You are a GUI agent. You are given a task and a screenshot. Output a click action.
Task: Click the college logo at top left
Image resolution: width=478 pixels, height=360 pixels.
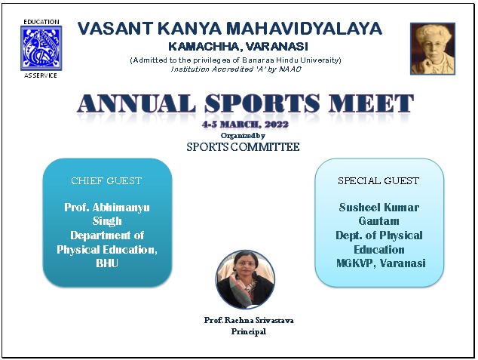[41, 48]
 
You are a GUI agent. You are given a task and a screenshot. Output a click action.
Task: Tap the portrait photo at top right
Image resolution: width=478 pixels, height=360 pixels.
[433, 48]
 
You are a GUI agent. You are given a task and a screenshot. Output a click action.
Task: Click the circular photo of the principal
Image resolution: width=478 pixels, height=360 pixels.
[245, 279]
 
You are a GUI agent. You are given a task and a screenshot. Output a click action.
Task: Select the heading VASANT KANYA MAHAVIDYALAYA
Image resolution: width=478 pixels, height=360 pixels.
[230, 29]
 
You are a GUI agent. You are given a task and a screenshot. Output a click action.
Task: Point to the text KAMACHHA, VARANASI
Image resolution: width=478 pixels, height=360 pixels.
[229, 46]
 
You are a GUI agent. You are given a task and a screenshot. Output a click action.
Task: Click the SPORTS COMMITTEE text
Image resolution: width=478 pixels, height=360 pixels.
[243, 147]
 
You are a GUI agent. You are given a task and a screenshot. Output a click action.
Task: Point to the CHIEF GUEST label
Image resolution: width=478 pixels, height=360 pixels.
[107, 181]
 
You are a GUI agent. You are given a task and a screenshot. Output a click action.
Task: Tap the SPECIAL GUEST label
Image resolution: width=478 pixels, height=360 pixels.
[378, 181]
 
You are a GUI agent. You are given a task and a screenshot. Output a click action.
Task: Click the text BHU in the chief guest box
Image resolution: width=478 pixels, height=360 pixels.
[107, 264]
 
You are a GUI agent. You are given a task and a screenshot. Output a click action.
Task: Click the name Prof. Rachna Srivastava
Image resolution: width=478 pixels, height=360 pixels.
[248, 320]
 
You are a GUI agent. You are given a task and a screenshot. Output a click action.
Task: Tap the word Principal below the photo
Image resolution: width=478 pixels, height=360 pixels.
[248, 331]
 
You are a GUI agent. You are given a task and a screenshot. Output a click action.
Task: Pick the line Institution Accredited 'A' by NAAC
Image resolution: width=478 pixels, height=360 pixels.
[235, 68]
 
